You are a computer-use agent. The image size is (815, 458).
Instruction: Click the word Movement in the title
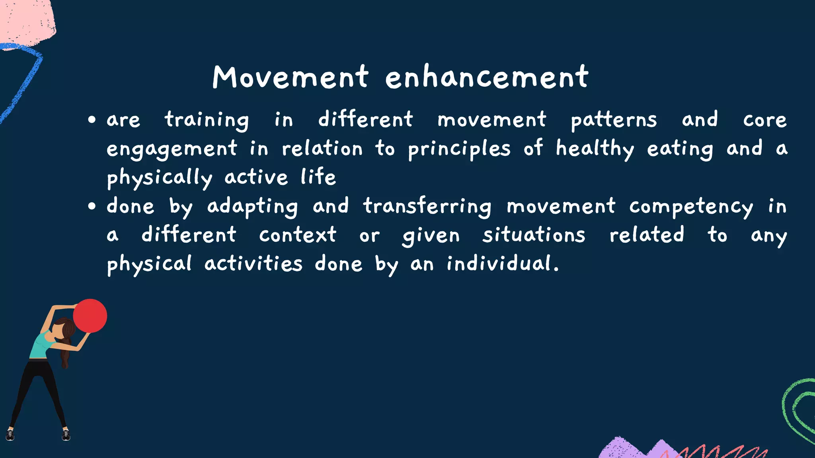tap(291, 77)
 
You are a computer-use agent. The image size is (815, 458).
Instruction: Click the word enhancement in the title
tap(486, 77)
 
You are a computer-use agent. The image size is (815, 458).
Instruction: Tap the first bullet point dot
tap(92, 120)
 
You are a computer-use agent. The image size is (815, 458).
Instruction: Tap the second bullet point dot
tap(92, 206)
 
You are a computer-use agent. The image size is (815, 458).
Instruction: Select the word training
tap(207, 120)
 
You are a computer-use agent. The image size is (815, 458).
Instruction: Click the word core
tap(764, 120)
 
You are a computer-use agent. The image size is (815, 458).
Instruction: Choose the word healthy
tap(595, 149)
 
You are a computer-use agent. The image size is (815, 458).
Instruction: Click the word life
tap(318, 177)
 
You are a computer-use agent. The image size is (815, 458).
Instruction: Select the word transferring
tap(427, 206)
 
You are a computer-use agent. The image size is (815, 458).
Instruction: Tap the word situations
tap(534, 235)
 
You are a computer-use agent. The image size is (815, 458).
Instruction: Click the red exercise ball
tap(91, 316)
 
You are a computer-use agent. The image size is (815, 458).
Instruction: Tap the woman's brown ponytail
tap(66, 350)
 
